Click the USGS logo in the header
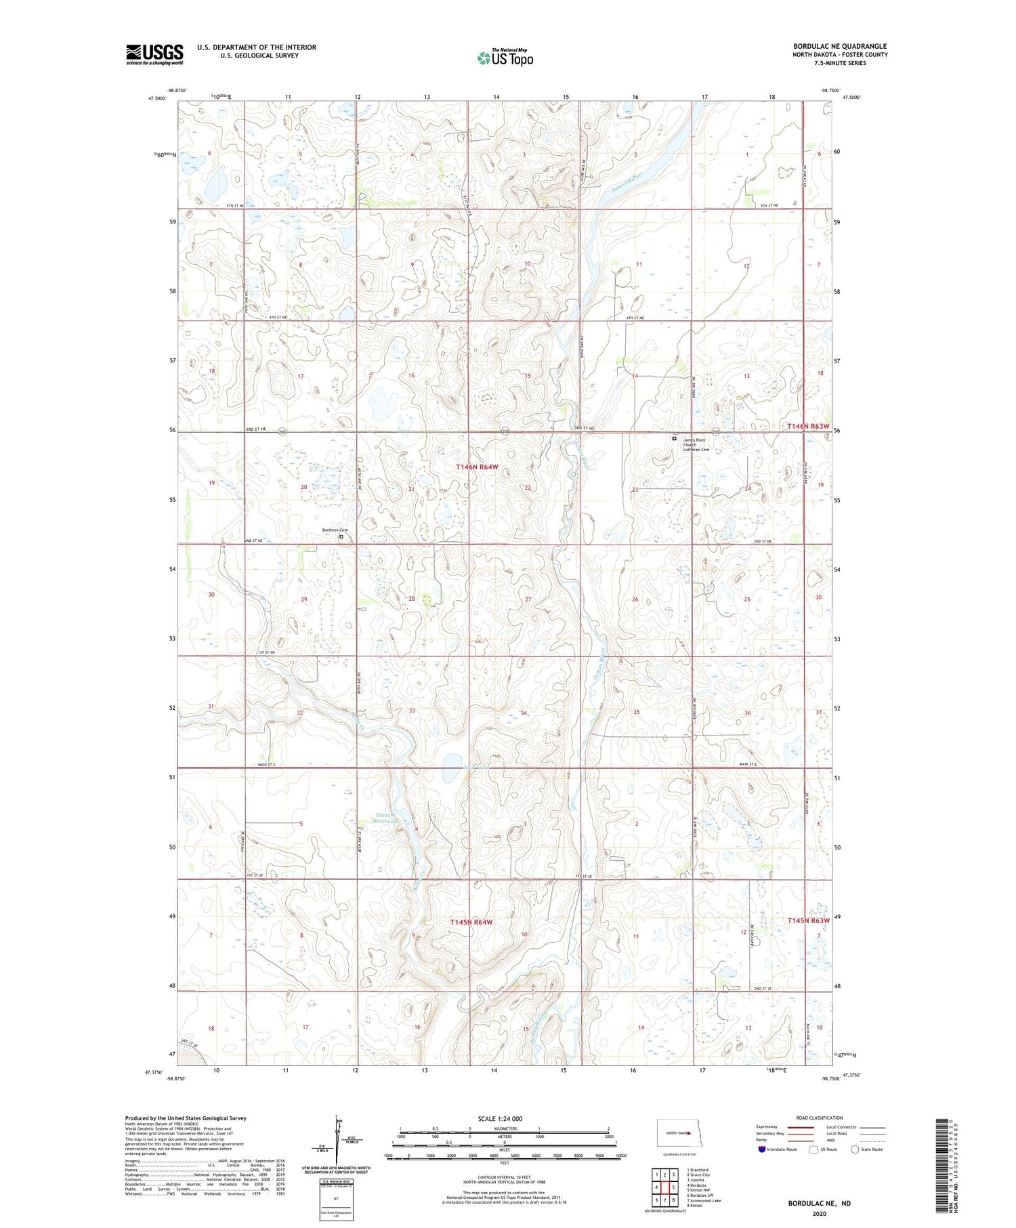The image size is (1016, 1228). coord(154,54)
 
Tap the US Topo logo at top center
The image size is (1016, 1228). coord(505,58)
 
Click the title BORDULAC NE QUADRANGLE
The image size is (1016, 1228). coord(840,46)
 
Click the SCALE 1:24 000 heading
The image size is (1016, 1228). coord(500,1119)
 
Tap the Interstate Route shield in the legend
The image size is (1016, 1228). coord(762,1149)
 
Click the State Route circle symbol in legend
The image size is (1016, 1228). coord(855,1149)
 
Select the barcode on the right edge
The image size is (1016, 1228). coord(942,1147)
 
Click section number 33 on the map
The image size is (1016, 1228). coord(411,711)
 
